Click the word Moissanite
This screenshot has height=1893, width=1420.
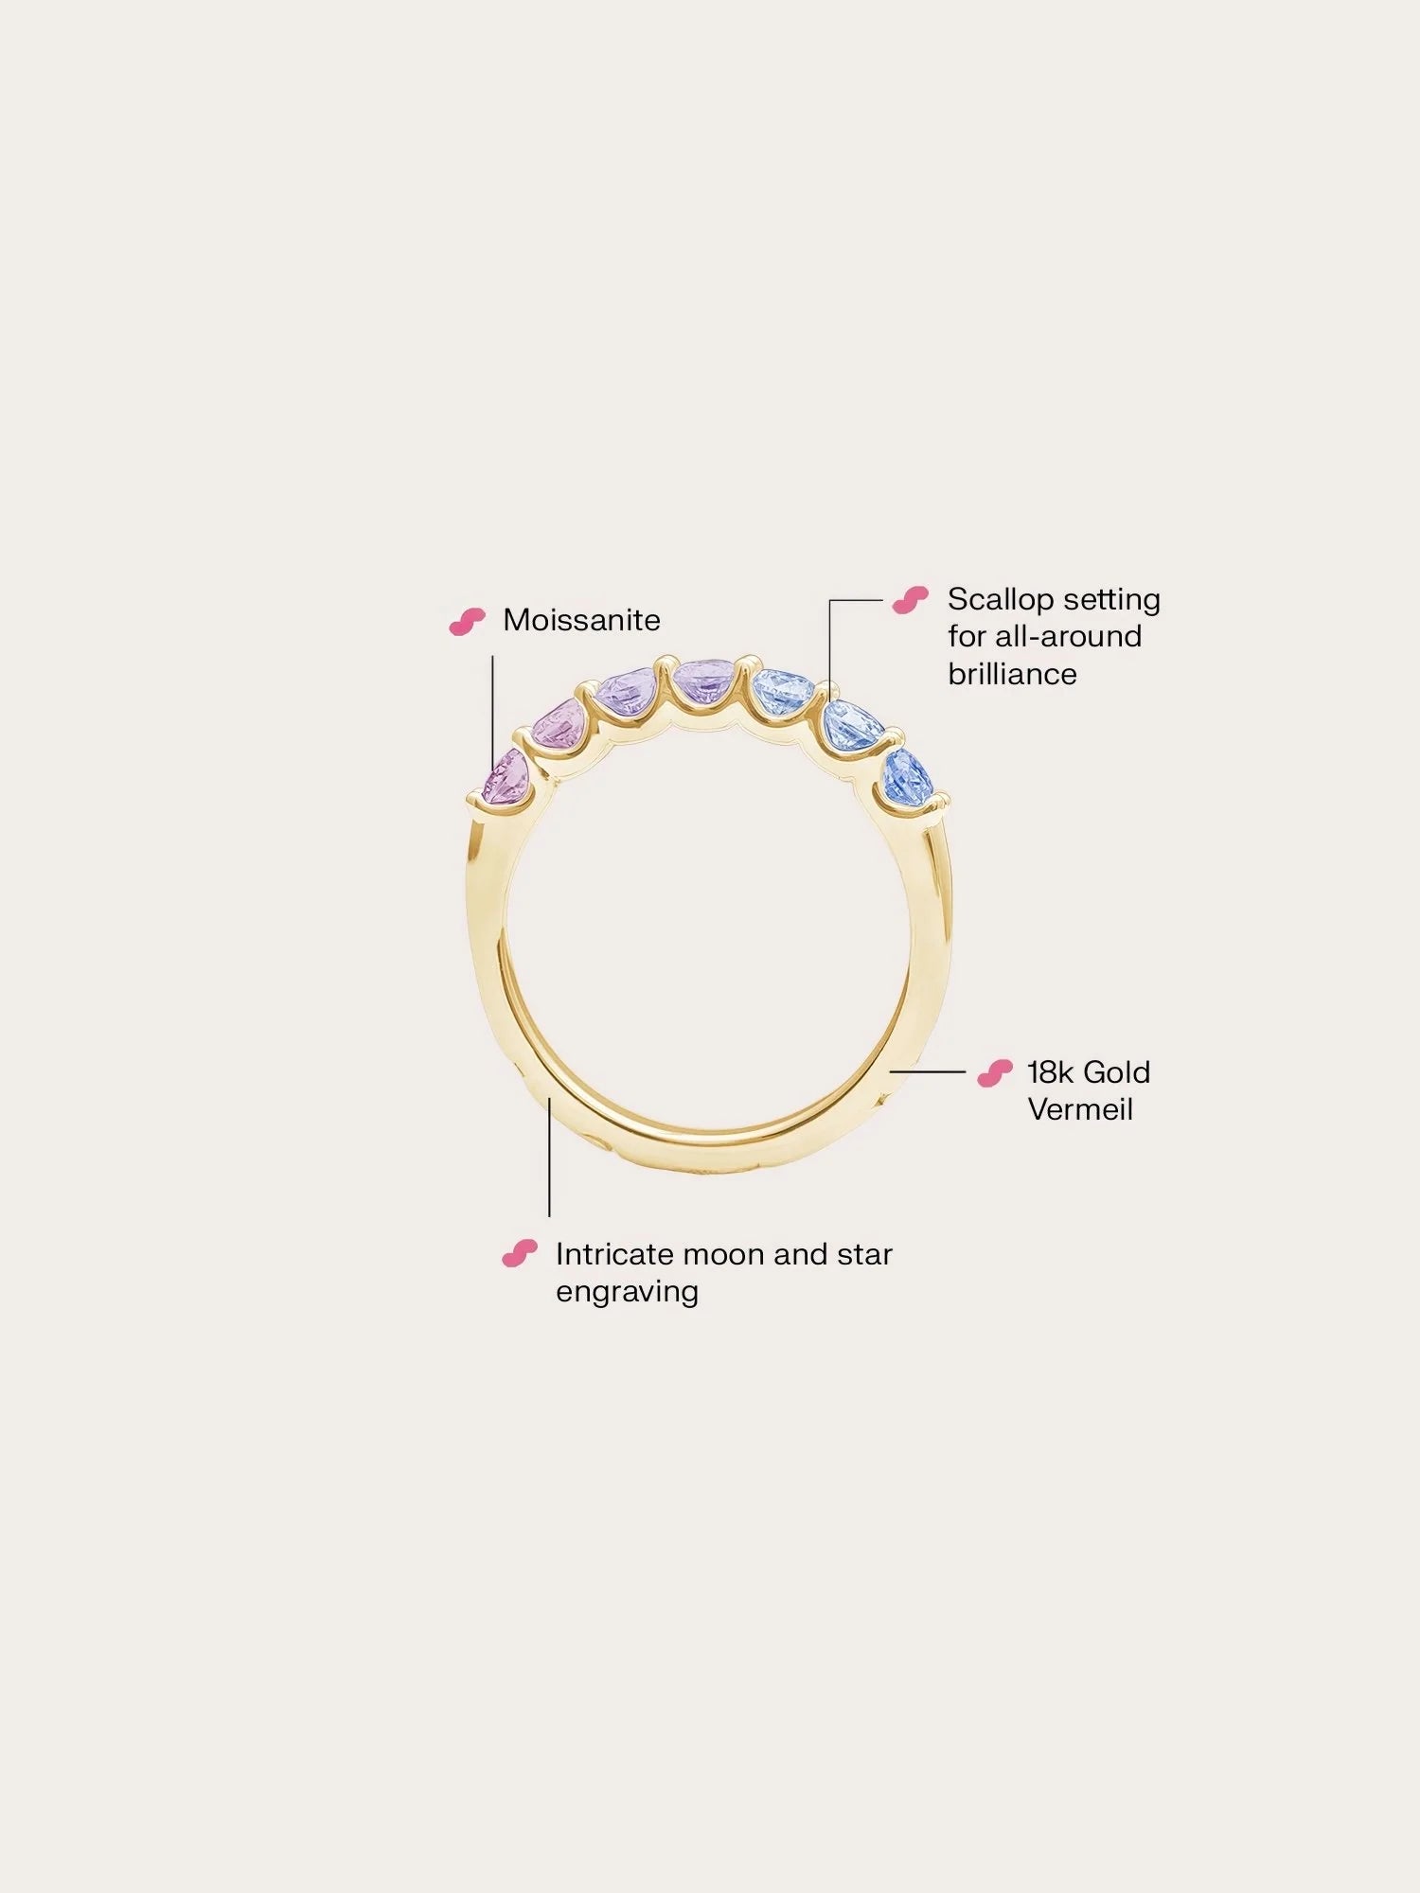581,620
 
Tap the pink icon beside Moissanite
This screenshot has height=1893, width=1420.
467,621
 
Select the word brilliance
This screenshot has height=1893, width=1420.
1012,674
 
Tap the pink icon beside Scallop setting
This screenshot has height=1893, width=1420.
911,600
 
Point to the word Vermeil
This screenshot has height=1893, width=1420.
1080,1109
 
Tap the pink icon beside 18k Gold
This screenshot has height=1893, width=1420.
995,1073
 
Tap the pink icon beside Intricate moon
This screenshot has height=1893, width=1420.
520,1254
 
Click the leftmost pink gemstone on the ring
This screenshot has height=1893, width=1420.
506,778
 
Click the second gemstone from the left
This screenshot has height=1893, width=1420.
562,725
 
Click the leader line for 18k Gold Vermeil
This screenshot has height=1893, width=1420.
927,1072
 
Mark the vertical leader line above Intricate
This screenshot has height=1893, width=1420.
549,1157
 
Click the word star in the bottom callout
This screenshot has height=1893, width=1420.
864,1254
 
